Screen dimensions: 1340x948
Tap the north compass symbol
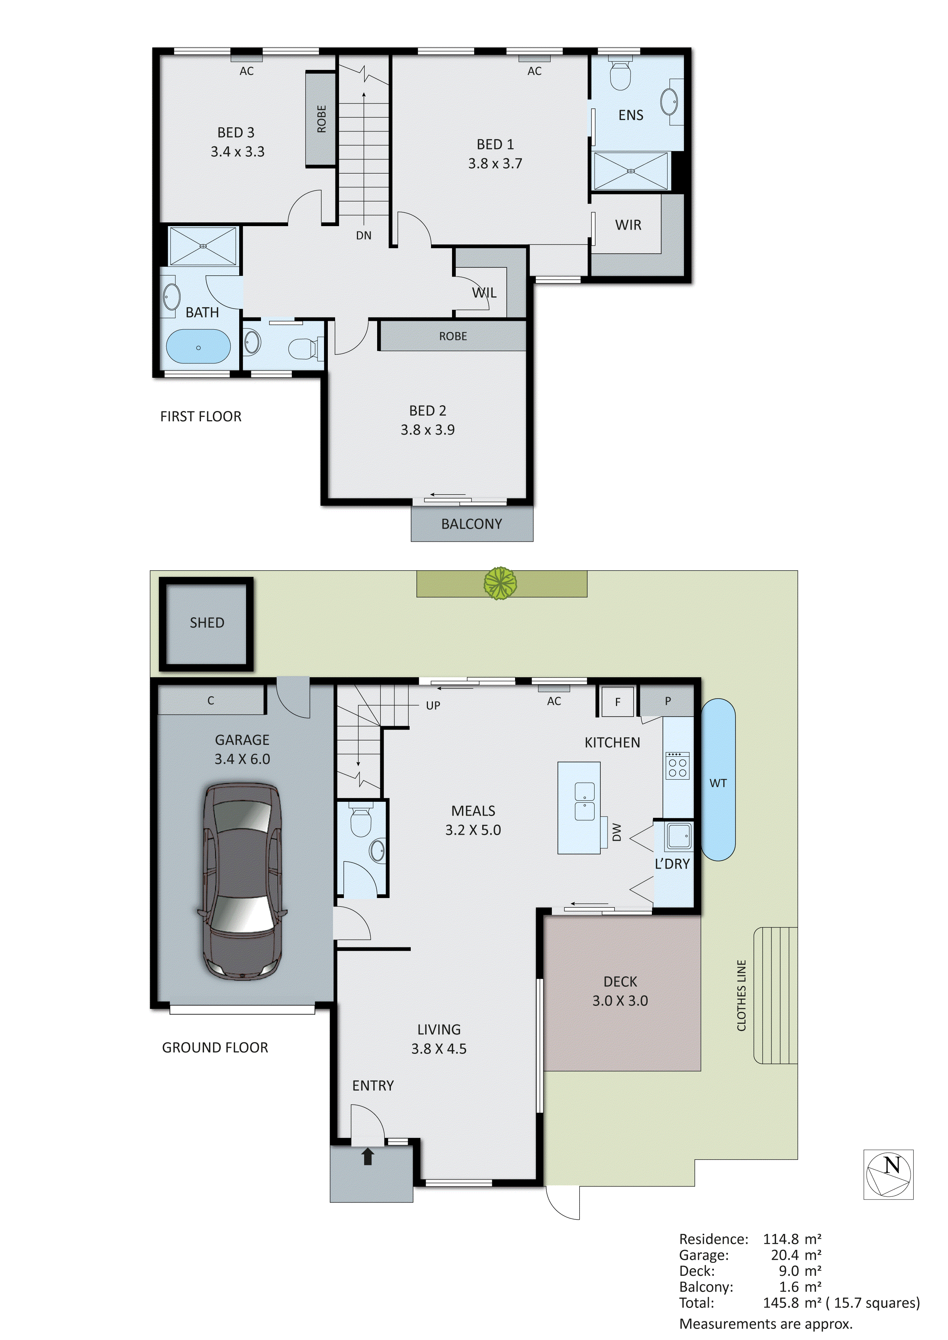[888, 1174]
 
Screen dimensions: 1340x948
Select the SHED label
[207, 623]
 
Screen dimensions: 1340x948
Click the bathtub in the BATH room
[198, 347]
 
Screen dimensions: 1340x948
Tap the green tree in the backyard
[500, 583]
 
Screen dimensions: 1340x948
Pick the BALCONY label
[472, 524]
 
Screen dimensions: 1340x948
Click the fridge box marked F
[617, 702]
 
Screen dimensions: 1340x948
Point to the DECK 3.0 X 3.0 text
[620, 991]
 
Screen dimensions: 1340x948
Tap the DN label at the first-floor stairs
[364, 236]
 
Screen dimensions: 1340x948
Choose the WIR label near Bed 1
[628, 225]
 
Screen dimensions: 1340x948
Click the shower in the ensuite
[630, 171]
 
